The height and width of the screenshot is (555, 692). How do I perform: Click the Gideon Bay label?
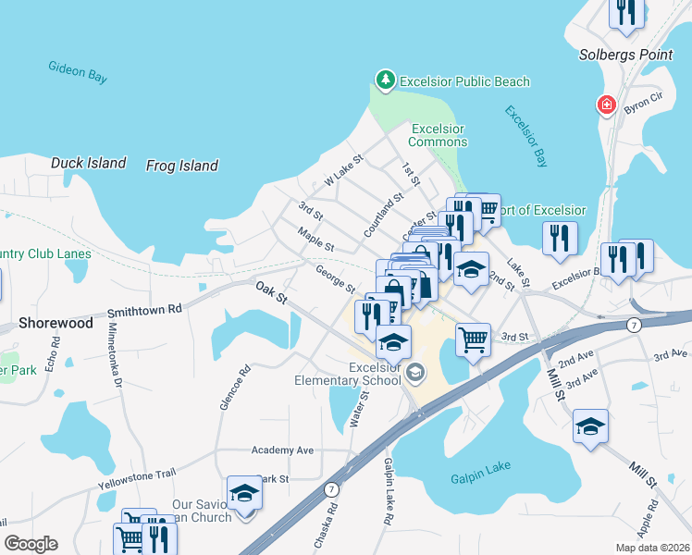point(78,74)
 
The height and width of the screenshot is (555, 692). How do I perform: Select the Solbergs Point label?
point(625,55)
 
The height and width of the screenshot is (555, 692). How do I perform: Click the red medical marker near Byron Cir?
point(606,105)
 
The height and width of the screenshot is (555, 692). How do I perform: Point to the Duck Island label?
point(88,163)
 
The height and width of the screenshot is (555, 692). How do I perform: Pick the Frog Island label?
point(182,166)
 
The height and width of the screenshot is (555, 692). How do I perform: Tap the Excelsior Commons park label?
point(439,135)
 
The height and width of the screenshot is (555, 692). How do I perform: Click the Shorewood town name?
point(56,324)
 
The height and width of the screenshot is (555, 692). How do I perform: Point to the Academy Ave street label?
point(282,450)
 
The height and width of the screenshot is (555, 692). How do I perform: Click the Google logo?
point(31,544)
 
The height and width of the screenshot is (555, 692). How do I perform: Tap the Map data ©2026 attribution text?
point(651,548)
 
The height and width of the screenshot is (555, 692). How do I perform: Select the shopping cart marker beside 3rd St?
point(473,339)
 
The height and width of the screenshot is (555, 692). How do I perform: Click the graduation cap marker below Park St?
point(244,493)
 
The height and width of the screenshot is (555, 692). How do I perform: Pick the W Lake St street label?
point(343,167)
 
